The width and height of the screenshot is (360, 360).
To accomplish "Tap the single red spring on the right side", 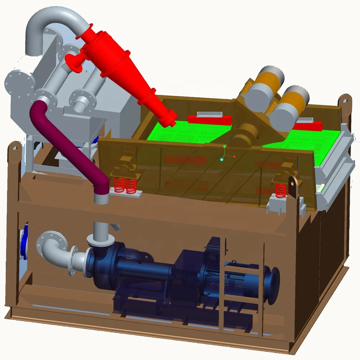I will coord(280,189).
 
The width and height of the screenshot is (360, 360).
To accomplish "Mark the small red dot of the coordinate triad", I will coord(234,156).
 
